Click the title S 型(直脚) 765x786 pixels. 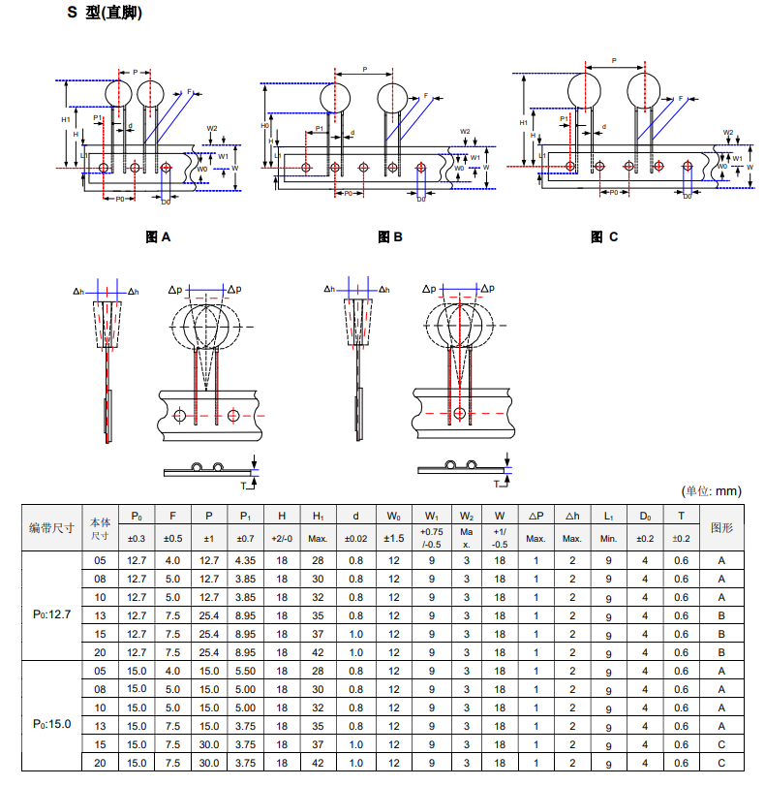[106, 14]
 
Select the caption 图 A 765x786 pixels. [157, 236]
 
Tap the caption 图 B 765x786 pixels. [389, 236]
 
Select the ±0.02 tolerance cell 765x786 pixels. [356, 539]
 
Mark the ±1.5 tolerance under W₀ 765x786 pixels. [393, 539]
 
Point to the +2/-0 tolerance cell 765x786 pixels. [281, 539]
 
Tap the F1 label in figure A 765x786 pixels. [191, 91]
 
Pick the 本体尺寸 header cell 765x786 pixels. [100, 528]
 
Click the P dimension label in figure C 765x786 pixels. [614, 60]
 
